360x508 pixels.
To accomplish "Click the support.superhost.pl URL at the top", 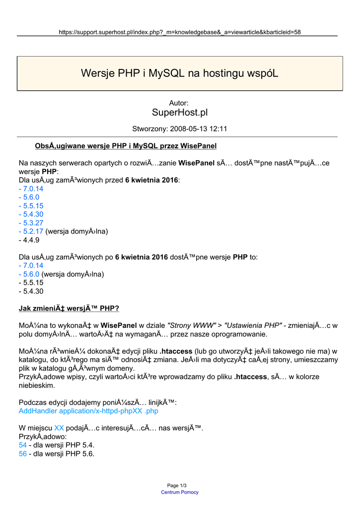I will (x=179, y=32).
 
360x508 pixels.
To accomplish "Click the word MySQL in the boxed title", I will (x=168, y=73).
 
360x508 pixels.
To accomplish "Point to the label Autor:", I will (x=179, y=103).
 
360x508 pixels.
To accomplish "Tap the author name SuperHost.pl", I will (x=179, y=113).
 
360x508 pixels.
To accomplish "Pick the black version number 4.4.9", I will (x=31, y=240).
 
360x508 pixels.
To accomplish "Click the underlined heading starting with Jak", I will (x=69, y=308).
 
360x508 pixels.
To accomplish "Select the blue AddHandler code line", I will (x=88, y=411).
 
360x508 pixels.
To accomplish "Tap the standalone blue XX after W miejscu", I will (x=59, y=428).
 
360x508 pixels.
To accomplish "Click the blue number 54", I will (x=23, y=445).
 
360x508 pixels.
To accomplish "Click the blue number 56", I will (x=23, y=453).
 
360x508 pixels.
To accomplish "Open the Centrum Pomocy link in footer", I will (x=180, y=492).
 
